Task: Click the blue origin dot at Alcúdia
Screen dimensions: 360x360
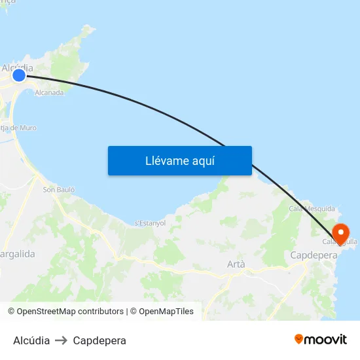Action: [x=19, y=75]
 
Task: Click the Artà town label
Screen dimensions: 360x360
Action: [x=236, y=264]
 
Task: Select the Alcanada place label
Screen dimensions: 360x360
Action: [x=49, y=93]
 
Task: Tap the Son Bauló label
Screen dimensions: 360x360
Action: [x=59, y=190]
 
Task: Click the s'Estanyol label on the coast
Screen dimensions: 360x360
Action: [x=150, y=223]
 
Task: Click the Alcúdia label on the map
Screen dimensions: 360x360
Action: [x=18, y=67]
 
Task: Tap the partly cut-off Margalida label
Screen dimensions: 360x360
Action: [x=18, y=253]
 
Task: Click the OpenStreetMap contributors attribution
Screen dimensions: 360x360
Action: [x=65, y=312]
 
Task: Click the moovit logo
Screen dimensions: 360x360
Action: [x=320, y=340]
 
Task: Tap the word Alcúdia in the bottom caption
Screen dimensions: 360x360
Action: [x=31, y=340]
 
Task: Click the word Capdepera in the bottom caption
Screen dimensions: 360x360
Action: [x=99, y=340]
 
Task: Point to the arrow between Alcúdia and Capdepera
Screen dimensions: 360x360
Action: [x=62, y=340]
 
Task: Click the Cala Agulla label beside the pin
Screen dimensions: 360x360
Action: [x=340, y=242]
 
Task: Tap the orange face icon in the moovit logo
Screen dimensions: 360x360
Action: [x=299, y=339]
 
